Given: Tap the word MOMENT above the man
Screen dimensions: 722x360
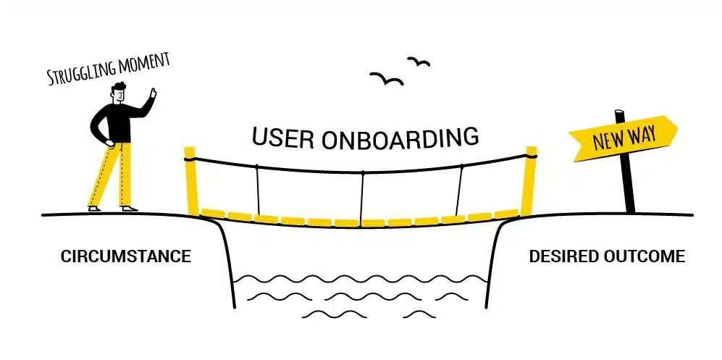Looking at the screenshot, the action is click(144, 62).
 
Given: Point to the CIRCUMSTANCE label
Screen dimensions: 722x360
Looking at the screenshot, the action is click(126, 256).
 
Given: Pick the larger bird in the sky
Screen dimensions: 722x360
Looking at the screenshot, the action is click(387, 79).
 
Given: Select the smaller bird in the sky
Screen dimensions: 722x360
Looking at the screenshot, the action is click(419, 62).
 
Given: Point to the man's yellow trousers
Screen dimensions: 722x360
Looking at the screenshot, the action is click(111, 175).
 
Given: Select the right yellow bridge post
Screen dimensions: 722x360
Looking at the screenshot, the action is click(529, 180).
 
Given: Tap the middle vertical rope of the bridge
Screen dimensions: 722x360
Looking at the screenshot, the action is click(362, 196).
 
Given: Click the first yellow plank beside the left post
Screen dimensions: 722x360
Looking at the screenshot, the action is click(213, 213).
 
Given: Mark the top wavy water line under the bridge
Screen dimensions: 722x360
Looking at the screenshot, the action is click(360, 279).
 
